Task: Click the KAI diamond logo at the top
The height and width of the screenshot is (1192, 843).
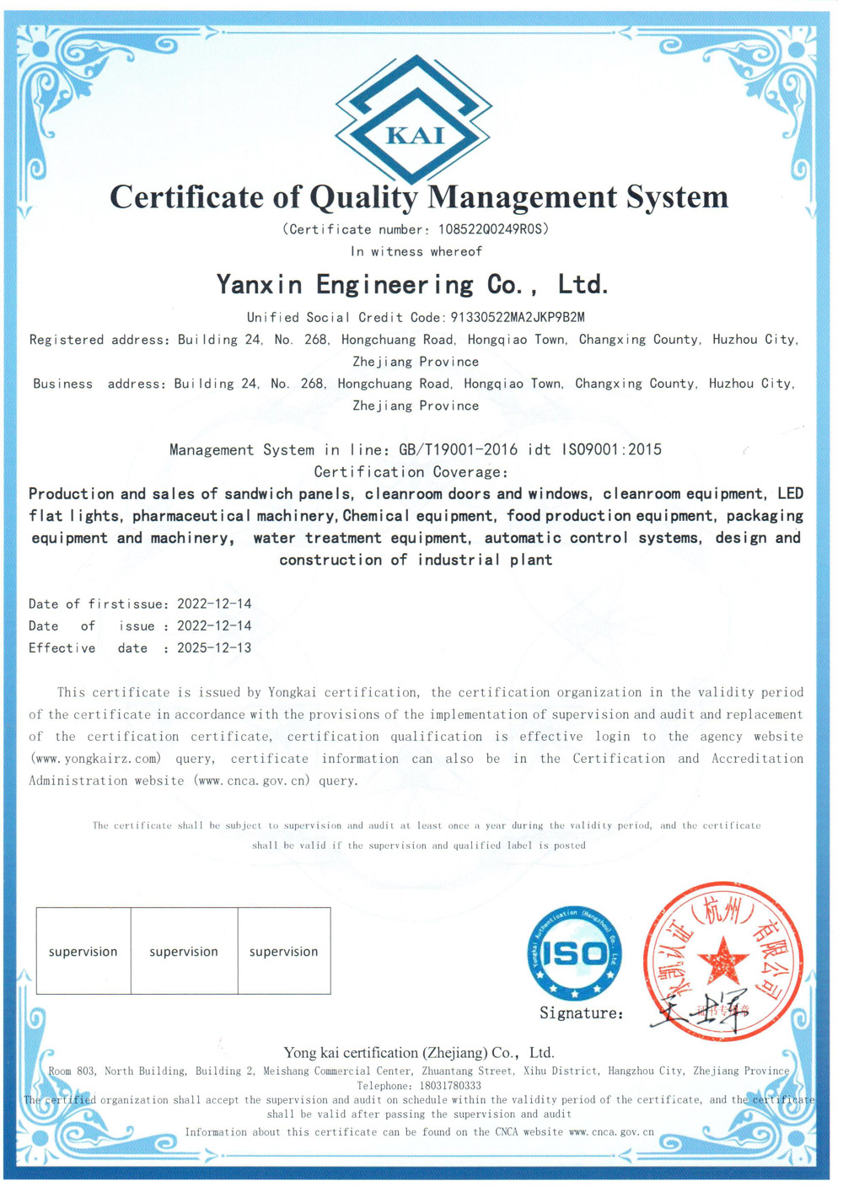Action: point(414,119)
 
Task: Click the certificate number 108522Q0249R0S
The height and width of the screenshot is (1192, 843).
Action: point(493,229)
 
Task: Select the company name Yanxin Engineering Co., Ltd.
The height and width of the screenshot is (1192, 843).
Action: point(413,285)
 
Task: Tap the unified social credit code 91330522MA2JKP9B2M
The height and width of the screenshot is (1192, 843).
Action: point(518,318)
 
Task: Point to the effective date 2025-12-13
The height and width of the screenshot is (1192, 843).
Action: point(214,648)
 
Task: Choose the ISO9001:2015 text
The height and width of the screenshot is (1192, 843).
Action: point(612,450)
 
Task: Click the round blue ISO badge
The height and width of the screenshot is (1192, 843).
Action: point(575,953)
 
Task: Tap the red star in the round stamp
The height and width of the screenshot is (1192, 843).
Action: point(722,960)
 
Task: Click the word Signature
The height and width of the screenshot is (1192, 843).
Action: point(580,1013)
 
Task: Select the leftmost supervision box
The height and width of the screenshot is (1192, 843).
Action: point(83,951)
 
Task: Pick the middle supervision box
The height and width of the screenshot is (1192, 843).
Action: point(184,951)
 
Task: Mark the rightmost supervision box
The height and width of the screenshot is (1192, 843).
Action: point(284,951)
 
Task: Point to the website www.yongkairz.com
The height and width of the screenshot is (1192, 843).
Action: point(95,759)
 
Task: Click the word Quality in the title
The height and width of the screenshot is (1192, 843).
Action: point(362,197)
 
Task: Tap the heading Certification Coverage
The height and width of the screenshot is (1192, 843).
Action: point(411,472)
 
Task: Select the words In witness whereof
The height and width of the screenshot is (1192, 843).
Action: point(416,252)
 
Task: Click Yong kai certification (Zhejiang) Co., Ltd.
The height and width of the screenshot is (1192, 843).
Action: point(419,1053)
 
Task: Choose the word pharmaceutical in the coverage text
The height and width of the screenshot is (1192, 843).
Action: point(191,516)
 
